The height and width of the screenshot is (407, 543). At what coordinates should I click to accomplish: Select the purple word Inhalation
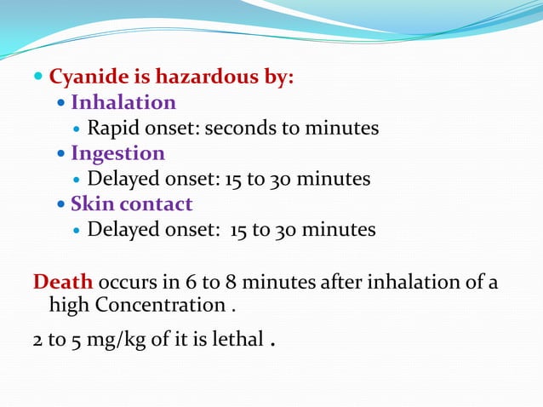click(x=123, y=103)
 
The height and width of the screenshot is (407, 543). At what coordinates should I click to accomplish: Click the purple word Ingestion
click(x=117, y=153)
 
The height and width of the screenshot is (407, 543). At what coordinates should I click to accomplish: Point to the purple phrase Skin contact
click(x=131, y=204)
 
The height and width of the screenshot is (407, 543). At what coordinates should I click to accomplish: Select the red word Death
click(x=63, y=283)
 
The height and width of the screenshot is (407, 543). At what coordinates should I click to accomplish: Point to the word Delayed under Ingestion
click(x=122, y=180)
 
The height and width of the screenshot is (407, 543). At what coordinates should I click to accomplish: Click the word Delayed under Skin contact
click(x=122, y=230)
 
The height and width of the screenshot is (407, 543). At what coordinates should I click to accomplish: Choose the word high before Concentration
click(x=70, y=305)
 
